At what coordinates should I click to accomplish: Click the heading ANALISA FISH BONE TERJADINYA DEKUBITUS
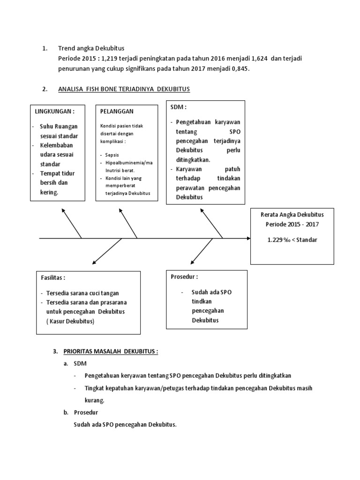click(124, 89)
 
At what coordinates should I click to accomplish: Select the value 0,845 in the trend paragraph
click(240, 68)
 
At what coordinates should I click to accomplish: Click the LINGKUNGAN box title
click(54, 112)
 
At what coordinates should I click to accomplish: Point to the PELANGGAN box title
click(117, 112)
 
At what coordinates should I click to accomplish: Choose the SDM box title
click(179, 107)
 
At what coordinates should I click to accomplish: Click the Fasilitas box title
click(53, 277)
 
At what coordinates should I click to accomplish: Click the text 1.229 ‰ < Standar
click(292, 240)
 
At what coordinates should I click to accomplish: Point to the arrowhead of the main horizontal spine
click(248, 239)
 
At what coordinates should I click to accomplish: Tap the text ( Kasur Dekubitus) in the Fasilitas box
click(70, 321)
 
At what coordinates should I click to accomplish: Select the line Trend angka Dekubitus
click(91, 48)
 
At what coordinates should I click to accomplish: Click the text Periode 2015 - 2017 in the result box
click(292, 224)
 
